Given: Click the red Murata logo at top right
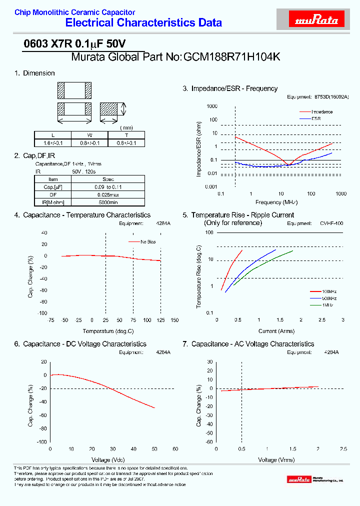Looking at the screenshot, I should (x=316, y=19).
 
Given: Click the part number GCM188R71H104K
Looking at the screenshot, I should (x=232, y=57).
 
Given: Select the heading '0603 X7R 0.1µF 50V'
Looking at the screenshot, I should (x=74, y=44).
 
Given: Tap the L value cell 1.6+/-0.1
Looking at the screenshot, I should (x=52, y=143).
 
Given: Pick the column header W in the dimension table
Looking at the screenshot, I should (x=89, y=135).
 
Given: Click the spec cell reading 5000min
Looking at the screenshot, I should (x=108, y=202).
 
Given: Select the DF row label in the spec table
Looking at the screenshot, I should (x=53, y=194).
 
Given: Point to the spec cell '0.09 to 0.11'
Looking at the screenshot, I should (x=108, y=187).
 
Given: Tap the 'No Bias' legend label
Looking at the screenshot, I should (x=148, y=242).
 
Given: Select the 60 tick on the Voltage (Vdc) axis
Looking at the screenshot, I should (x=175, y=448).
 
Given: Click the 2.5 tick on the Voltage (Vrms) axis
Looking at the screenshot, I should (x=343, y=448).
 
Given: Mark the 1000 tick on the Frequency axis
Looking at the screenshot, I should (x=341, y=193).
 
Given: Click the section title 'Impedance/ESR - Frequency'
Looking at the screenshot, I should (x=234, y=88).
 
